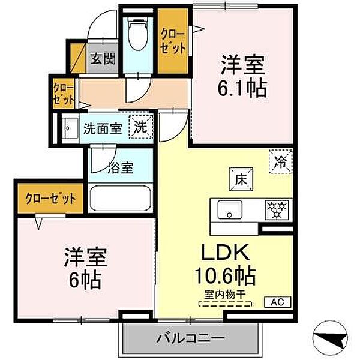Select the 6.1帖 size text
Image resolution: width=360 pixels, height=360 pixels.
[243, 88]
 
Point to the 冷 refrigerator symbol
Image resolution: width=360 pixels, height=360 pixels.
[280, 161]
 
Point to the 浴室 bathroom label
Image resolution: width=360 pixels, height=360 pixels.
[120, 167]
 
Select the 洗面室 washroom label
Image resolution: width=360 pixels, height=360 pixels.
[103, 128]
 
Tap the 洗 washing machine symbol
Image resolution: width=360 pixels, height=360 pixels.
[140, 127]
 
